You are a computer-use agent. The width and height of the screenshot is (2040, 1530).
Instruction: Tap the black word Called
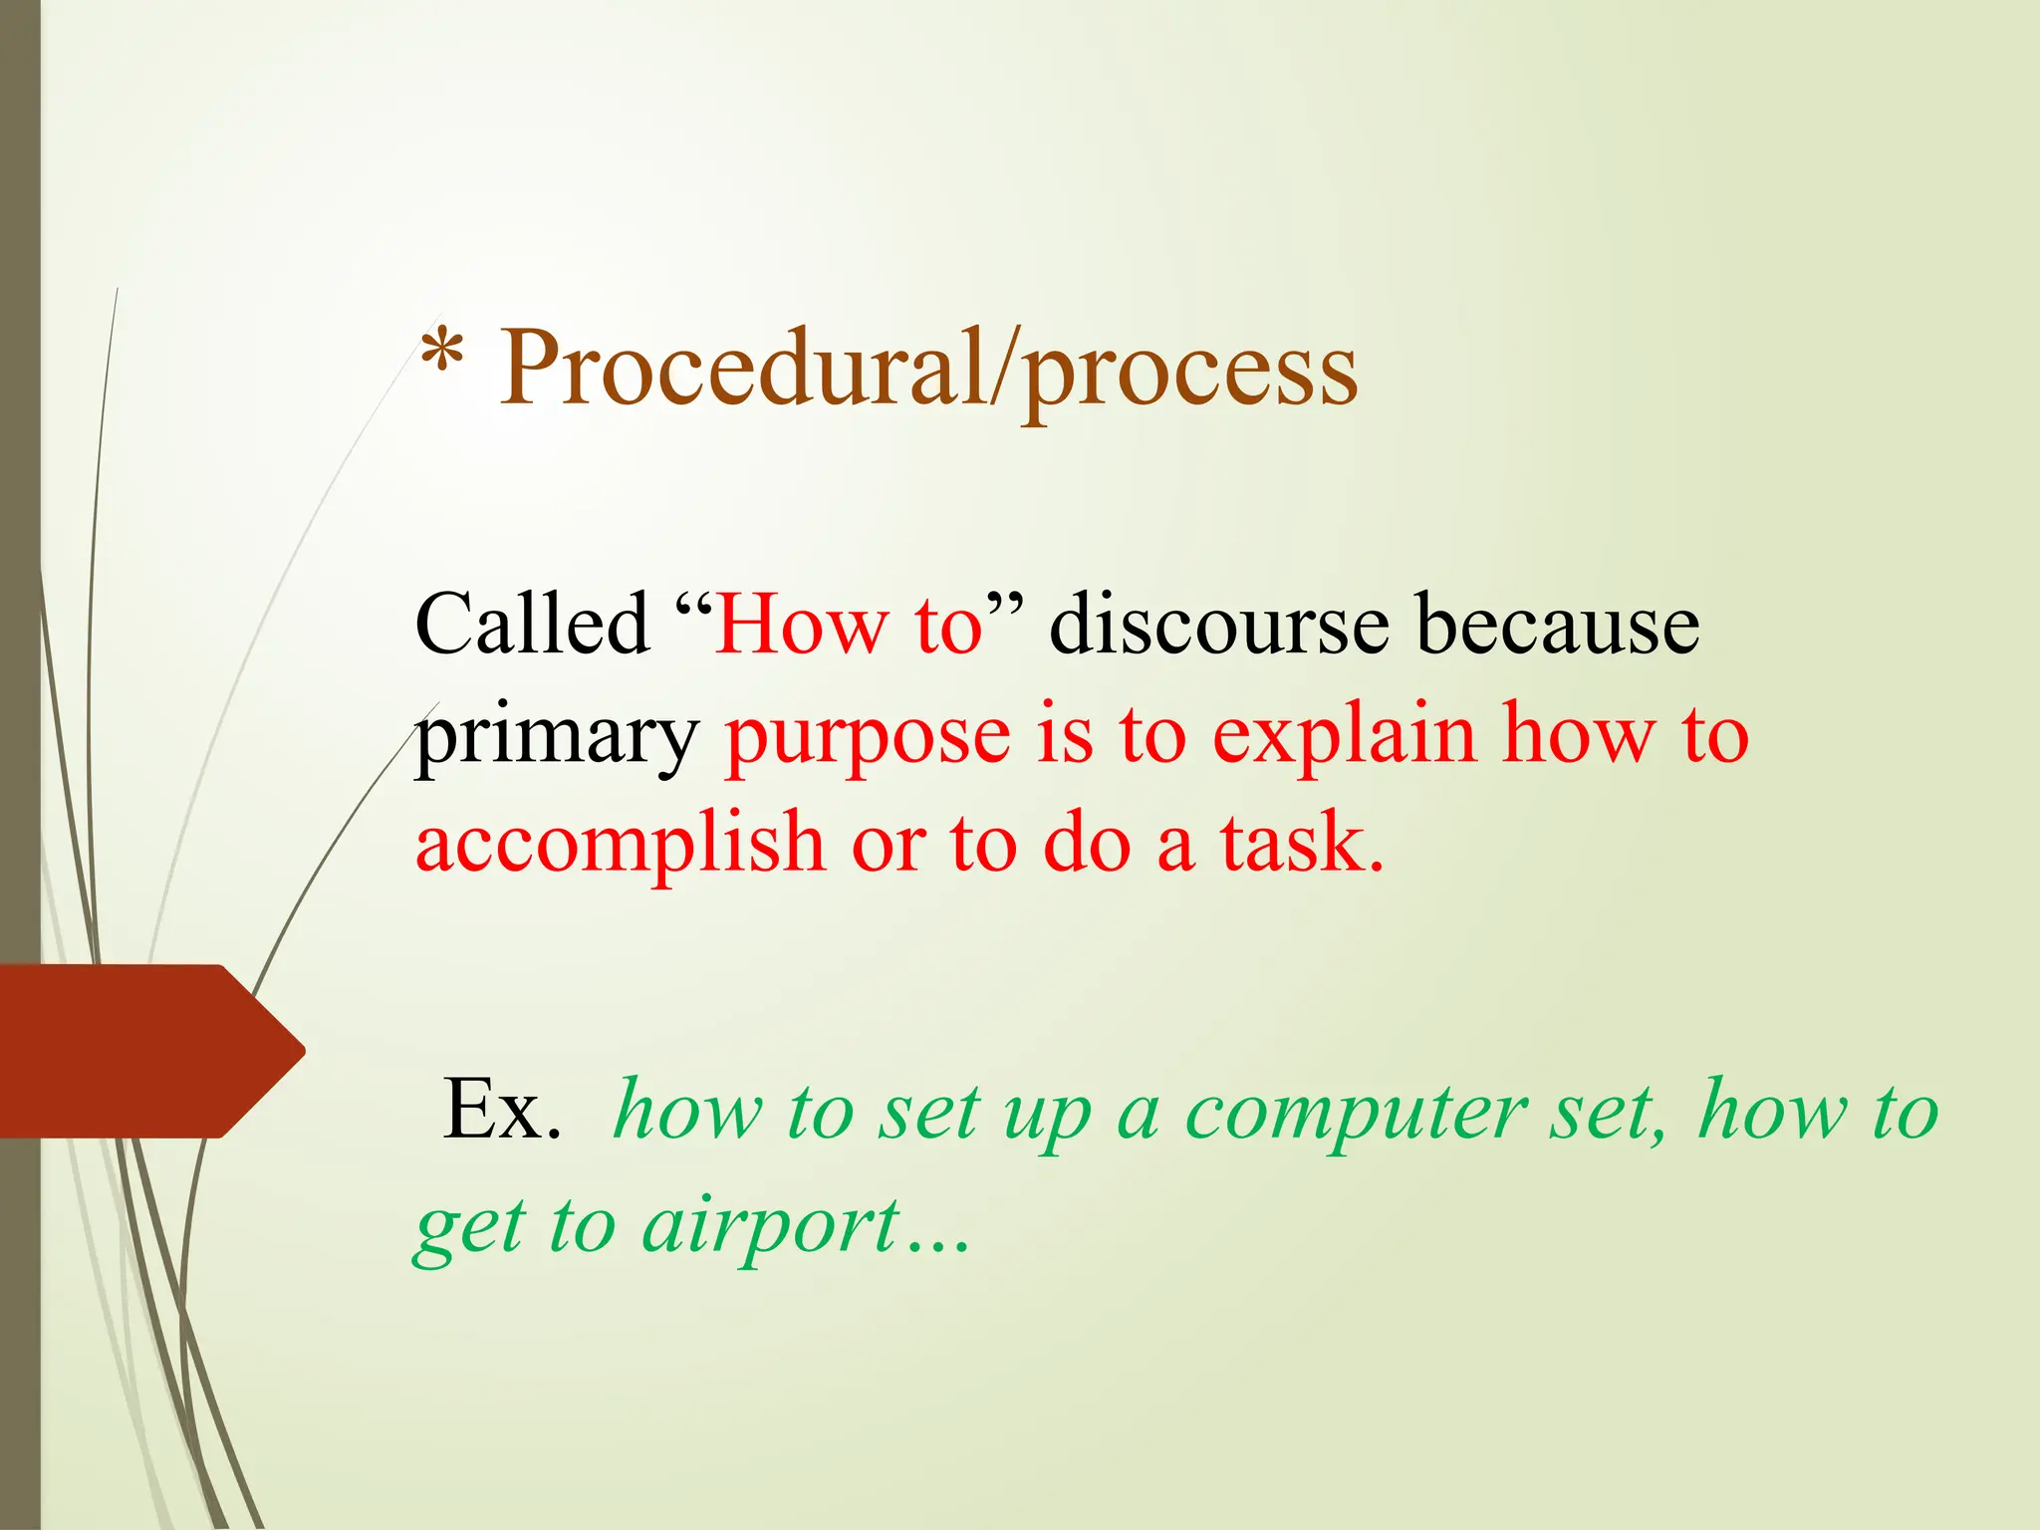pyautogui.click(x=532, y=625)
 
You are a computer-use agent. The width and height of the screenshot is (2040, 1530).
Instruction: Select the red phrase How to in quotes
pyautogui.click(x=849, y=625)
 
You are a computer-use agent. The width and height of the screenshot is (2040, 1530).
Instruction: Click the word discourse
pyautogui.click(x=1219, y=625)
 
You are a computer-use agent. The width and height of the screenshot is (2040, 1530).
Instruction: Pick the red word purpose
pyautogui.click(x=868, y=737)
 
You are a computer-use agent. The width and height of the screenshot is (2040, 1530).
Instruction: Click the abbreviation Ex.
pyautogui.click(x=502, y=1110)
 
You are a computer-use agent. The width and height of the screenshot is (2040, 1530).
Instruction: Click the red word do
pyautogui.click(x=1087, y=843)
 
